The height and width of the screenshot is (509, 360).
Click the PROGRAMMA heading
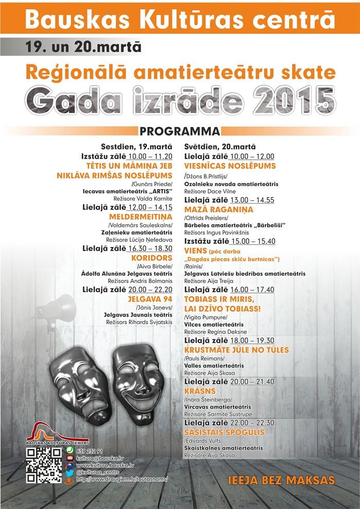point(179,131)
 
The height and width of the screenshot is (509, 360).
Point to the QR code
point(44,465)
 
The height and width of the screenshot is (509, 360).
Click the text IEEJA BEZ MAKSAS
point(281,480)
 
